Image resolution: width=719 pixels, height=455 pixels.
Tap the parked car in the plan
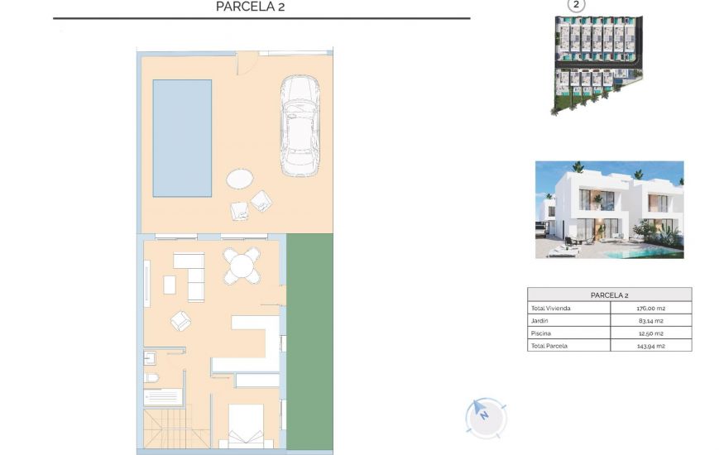pyautogui.click(x=299, y=126)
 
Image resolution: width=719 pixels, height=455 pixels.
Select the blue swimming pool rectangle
pyautogui.click(x=182, y=138)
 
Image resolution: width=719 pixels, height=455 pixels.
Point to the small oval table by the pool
pyautogui.click(x=241, y=179)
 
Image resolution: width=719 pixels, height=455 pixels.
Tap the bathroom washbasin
pyautogui.click(x=151, y=357)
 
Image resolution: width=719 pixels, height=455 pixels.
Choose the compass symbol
pyautogui.click(x=486, y=417)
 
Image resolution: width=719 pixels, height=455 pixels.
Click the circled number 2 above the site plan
pyautogui.click(x=576, y=5)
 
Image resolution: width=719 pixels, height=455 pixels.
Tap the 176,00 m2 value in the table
pyautogui.click(x=651, y=309)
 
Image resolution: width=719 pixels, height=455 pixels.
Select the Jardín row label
pyautogui.click(x=539, y=321)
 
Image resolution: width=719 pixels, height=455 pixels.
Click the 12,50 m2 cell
pyautogui.click(x=651, y=333)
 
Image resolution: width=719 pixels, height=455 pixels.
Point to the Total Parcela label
pyautogui.click(x=551, y=345)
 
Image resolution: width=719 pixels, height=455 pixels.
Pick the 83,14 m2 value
pyautogui.click(x=651, y=321)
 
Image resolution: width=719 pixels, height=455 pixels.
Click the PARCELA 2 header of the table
pyautogui.click(x=609, y=295)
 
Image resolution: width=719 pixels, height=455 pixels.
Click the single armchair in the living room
pyautogui.click(x=181, y=320)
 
